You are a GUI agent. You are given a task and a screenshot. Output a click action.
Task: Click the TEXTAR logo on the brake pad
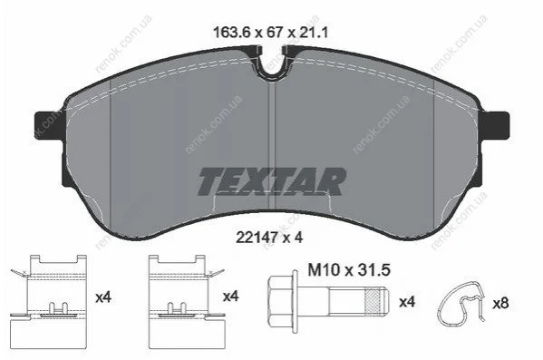(272, 181)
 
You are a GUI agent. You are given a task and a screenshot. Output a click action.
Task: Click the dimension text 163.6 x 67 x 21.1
(270, 33)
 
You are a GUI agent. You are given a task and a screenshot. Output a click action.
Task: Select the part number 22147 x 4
(269, 238)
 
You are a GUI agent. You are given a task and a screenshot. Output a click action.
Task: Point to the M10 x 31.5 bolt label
(349, 270)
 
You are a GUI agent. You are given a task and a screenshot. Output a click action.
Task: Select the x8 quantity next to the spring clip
(500, 304)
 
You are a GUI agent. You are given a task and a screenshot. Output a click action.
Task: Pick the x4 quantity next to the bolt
(407, 302)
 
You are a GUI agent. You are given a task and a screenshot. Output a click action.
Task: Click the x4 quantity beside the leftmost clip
(103, 297)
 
